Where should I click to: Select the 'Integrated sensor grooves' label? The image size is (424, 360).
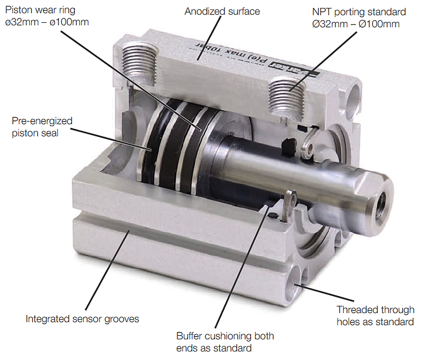point(82,319)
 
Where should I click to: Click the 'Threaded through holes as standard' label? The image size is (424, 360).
point(375,315)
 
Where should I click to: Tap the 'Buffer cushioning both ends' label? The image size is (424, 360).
point(225,342)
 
